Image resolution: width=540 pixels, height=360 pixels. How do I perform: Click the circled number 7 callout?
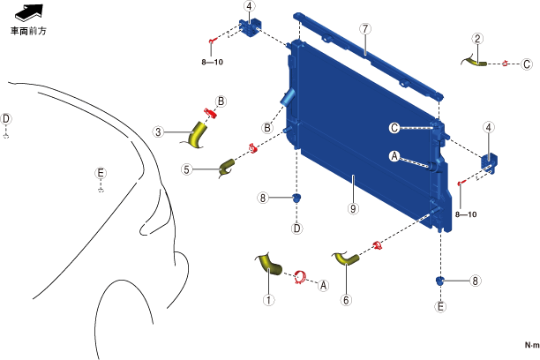pyautogui.click(x=364, y=28)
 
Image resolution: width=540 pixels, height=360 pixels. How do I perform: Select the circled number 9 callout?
pyautogui.click(x=352, y=209)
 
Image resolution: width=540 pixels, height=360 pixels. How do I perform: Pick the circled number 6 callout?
pyautogui.click(x=346, y=300)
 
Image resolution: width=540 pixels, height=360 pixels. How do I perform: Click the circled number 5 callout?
pyautogui.click(x=187, y=169)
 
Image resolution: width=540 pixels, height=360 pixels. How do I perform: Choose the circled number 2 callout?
pyautogui.click(x=477, y=39)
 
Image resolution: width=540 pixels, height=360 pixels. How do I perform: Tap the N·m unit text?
pyautogui.click(x=530, y=344)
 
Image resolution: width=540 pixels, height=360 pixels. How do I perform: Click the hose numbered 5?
pyautogui.click(x=227, y=165)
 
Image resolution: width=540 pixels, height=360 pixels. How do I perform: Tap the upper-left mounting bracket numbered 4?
pyautogui.click(x=248, y=27)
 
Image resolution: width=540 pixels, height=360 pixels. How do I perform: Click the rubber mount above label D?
pyautogui.click(x=297, y=198)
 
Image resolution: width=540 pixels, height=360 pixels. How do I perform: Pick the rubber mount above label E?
pyautogui.click(x=439, y=281)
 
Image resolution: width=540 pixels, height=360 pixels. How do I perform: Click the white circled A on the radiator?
pyautogui.click(x=394, y=155)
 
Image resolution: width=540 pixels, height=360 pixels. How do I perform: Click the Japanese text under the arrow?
pyautogui.click(x=27, y=29)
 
